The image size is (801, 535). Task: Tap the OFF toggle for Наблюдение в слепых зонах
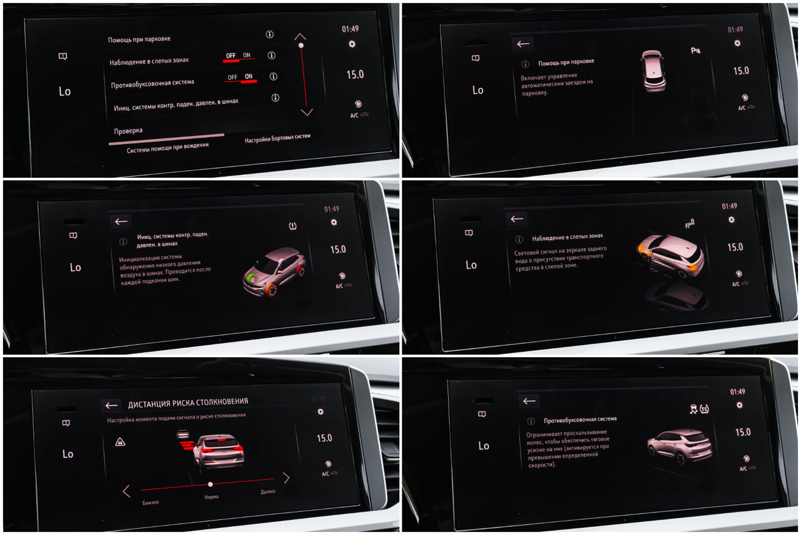(231, 56)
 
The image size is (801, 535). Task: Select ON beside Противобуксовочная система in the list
(248, 76)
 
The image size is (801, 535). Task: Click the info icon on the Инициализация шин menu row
(275, 97)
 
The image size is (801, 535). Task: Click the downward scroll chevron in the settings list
(307, 112)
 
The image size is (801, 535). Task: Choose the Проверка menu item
(128, 131)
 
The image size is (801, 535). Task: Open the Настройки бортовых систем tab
(277, 138)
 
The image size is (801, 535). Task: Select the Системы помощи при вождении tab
(167, 148)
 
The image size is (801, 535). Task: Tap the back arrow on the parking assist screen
(523, 44)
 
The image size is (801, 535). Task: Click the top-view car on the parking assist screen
(653, 71)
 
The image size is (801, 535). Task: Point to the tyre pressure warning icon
(292, 226)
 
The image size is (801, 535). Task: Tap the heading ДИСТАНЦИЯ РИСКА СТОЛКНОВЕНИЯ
(188, 403)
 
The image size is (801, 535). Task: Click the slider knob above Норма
(210, 484)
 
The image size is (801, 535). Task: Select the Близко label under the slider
(150, 502)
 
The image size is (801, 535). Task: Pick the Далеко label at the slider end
(268, 492)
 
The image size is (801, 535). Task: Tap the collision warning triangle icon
(120, 442)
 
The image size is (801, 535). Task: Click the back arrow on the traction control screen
(529, 401)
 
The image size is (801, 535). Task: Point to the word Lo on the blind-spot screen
(471, 265)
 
